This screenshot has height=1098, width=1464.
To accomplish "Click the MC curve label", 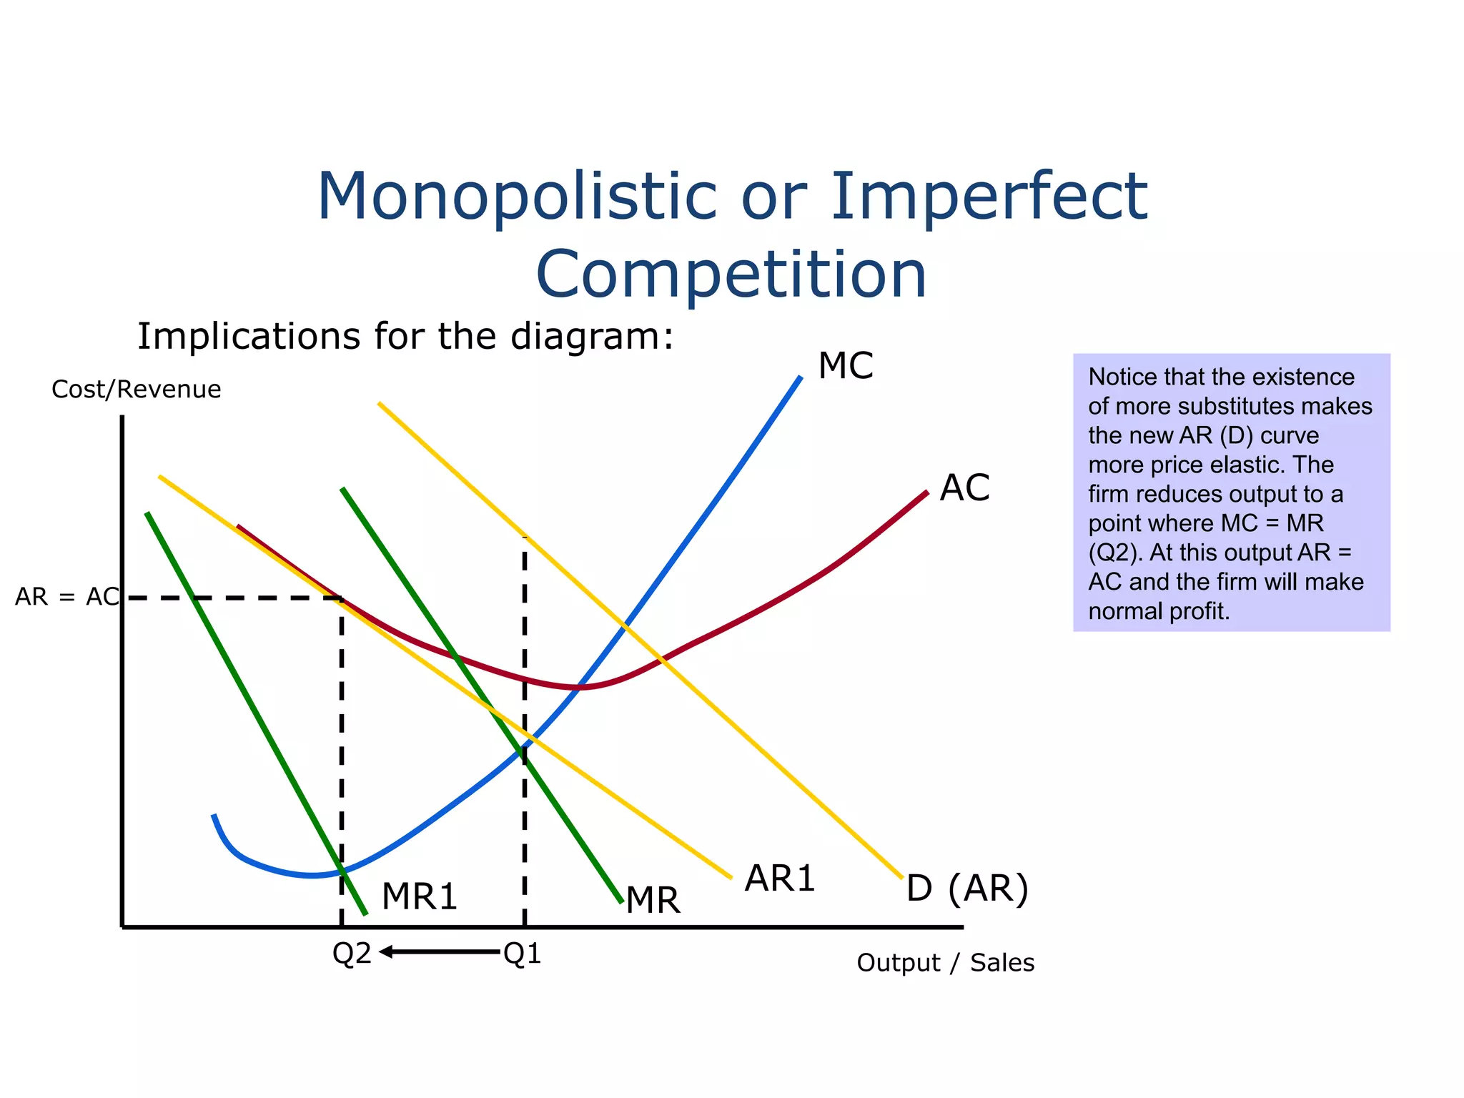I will (x=845, y=366).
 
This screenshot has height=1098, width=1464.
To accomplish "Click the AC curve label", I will (x=964, y=488).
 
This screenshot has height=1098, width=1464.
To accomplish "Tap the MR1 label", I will (x=420, y=896).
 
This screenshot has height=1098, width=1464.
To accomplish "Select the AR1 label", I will (x=779, y=879).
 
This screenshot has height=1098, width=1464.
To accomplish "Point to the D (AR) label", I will (x=967, y=889).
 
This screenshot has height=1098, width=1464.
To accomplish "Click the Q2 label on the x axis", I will (x=352, y=954).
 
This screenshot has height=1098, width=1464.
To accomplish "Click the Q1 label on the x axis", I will (x=523, y=954).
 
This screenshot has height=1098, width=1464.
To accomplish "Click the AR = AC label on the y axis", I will (x=67, y=597).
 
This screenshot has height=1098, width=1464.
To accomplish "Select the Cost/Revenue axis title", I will (x=137, y=390).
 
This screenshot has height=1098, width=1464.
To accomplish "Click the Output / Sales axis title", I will (x=945, y=963).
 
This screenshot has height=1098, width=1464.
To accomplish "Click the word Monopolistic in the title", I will (x=516, y=196).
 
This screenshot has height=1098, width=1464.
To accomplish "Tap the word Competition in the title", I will (x=731, y=274).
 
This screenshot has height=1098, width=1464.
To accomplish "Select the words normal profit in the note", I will (x=1158, y=611).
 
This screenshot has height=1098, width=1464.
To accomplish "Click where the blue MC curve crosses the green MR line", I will (x=523, y=748).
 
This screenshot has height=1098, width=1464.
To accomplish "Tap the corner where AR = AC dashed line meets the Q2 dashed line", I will (x=342, y=598).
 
